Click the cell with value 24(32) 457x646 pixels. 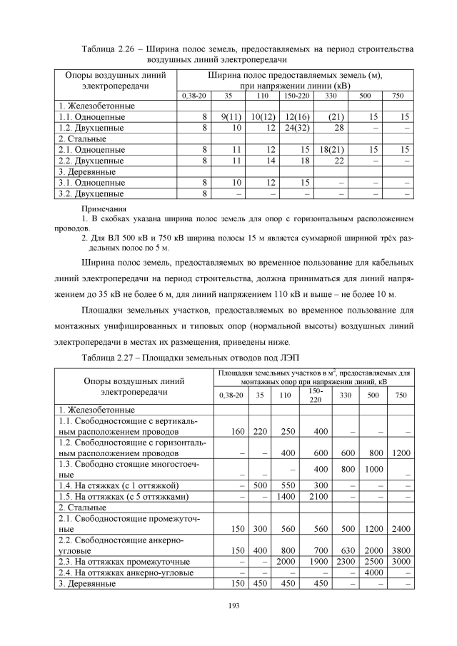(x=296, y=127)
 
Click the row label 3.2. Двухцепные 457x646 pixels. (x=91, y=193)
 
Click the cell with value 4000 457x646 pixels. (x=371, y=572)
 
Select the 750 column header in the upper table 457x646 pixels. (x=398, y=95)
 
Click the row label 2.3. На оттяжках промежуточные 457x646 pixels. (x=124, y=562)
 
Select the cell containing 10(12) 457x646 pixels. (x=263, y=116)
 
